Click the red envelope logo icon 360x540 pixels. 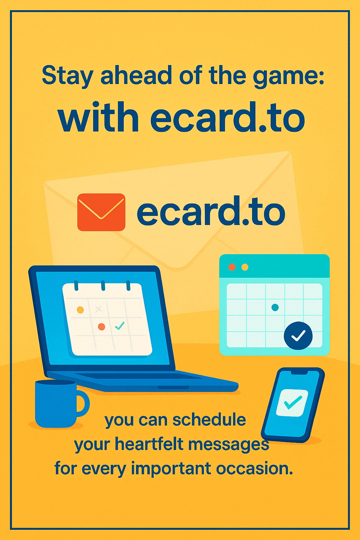[101, 212]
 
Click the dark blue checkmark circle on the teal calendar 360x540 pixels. [298, 336]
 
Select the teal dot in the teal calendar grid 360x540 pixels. [275, 307]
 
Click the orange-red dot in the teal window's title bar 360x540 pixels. [232, 267]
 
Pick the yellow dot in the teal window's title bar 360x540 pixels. [245, 267]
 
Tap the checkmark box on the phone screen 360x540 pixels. [292, 403]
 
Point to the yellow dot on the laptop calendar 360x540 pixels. [80, 310]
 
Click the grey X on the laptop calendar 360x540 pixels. [98, 309]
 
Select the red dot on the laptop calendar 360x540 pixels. [102, 327]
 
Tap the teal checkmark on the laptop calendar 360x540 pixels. [120, 326]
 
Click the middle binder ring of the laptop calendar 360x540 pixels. [103, 285]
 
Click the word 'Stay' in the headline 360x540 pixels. [67, 76]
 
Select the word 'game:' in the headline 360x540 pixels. [288, 77]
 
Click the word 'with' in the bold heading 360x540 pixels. [98, 117]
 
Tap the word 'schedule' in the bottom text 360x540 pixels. [209, 420]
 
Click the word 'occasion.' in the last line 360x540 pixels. [255, 468]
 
